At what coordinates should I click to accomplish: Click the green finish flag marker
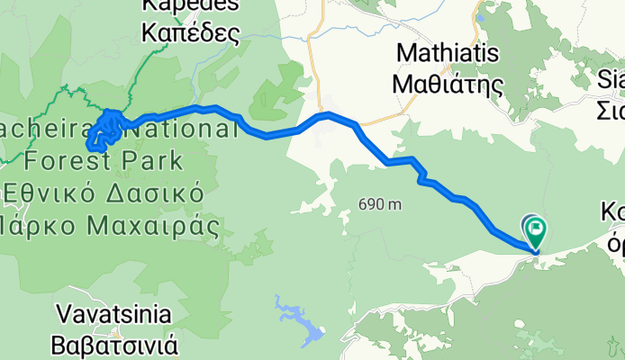coord(536,231)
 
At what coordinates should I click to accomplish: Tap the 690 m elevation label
coord(379,205)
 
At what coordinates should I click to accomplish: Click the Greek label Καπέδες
coord(190,34)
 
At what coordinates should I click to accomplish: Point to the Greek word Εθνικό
coord(47,192)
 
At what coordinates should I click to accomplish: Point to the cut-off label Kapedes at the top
coord(190,6)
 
